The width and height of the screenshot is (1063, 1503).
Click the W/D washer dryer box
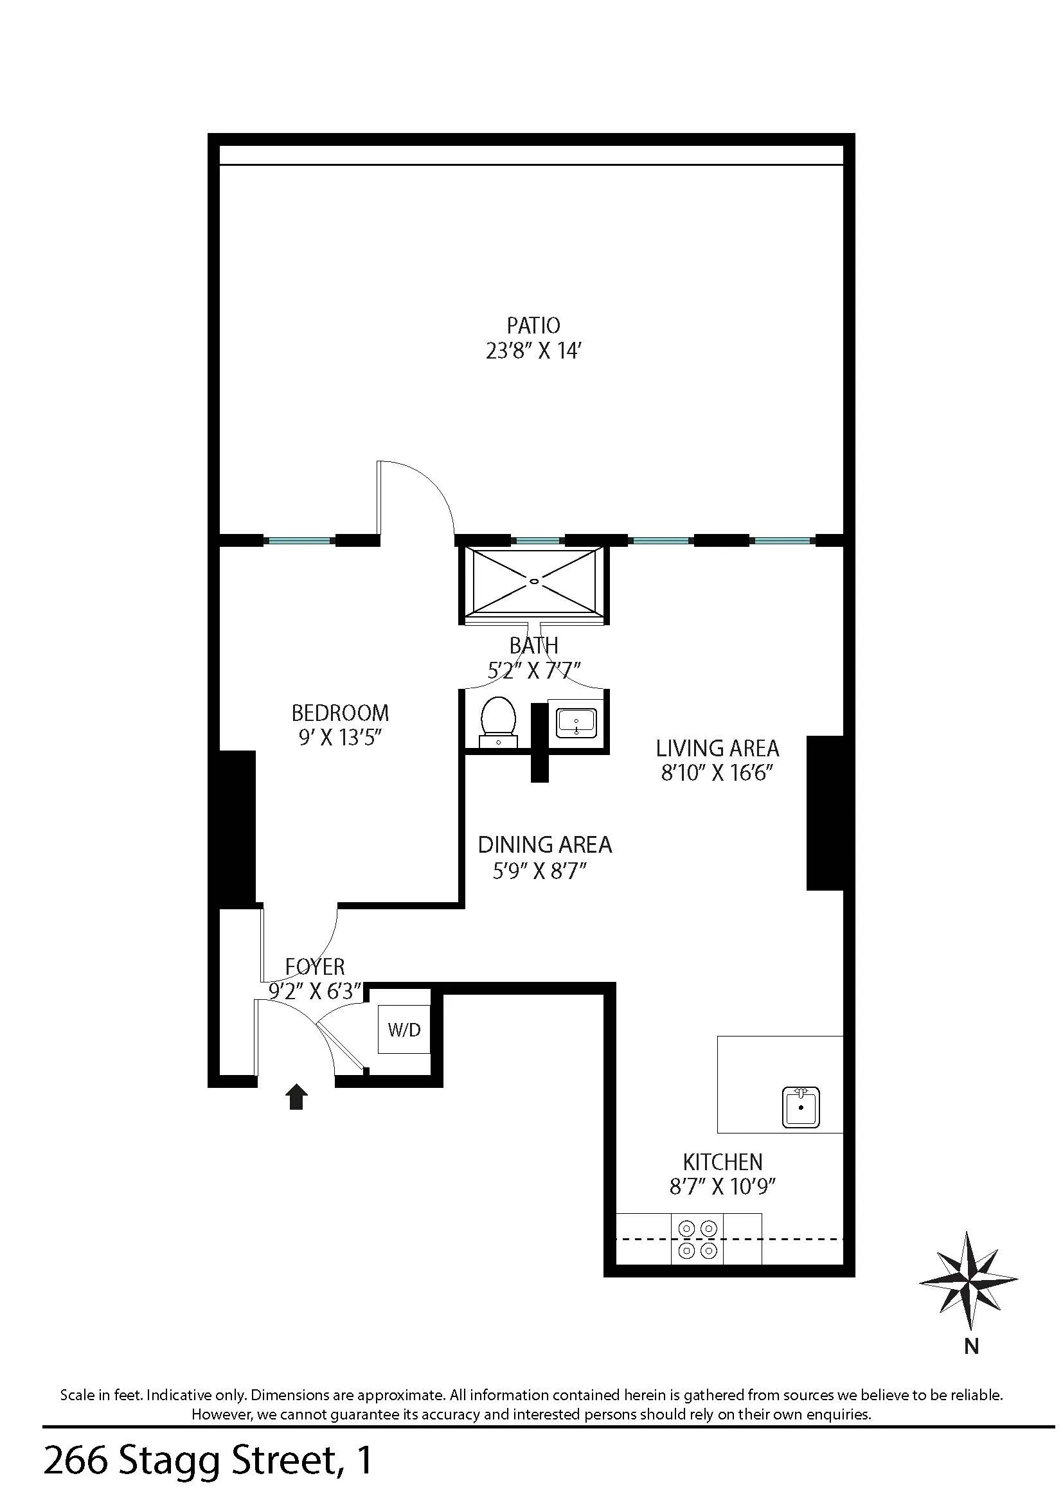(404, 1029)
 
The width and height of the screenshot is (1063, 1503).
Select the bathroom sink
(576, 724)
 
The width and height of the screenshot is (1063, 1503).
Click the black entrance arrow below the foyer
(296, 1096)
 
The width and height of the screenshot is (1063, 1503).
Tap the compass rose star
(968, 1281)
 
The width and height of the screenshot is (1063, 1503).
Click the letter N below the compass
(971, 1347)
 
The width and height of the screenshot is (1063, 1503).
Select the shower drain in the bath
(535, 580)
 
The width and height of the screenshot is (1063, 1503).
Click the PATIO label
(533, 325)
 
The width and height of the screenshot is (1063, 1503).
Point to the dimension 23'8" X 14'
(533, 351)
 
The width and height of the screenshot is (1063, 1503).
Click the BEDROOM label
(340, 712)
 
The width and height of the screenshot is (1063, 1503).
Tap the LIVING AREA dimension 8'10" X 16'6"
(717, 774)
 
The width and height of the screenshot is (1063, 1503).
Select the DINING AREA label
(544, 845)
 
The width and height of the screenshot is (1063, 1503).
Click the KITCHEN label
(722, 1162)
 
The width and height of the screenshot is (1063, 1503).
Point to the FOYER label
(315, 966)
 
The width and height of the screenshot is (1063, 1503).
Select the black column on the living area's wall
(826, 812)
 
